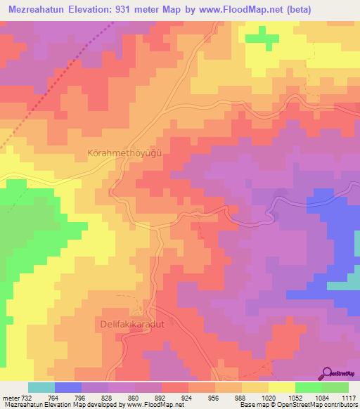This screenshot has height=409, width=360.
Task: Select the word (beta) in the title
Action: point(310,8)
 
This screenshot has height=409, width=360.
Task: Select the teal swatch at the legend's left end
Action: point(41,387)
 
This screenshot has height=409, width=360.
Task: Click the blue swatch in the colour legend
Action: point(68,387)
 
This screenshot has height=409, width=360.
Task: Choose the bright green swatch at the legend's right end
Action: point(335,387)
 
